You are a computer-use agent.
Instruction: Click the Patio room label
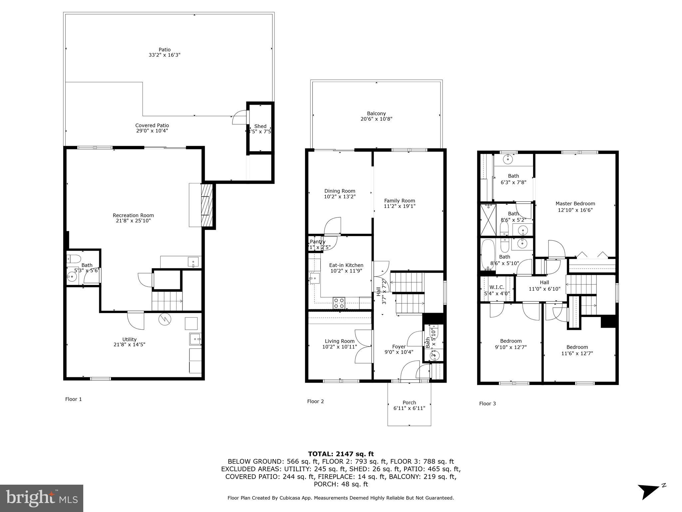[165, 50]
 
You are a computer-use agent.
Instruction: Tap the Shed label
[260, 126]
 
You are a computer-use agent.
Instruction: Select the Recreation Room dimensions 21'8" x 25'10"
[133, 221]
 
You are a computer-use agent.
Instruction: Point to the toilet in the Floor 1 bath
[73, 259]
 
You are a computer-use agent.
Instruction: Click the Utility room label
[129, 339]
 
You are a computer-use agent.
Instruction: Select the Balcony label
[376, 113]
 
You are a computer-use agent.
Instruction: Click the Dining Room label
[340, 191]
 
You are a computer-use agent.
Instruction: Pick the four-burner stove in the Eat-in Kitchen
[339, 303]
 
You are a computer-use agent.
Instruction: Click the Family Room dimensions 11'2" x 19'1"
[400, 206]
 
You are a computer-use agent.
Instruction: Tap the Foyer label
[399, 347]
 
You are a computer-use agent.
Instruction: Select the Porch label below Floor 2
[409, 402]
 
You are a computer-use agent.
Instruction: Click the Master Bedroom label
[575, 204]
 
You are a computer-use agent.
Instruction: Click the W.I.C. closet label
[497, 287]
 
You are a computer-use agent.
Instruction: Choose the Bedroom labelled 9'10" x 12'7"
[511, 344]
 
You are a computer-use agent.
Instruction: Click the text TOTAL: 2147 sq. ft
[341, 454]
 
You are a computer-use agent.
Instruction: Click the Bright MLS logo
[41, 498]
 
